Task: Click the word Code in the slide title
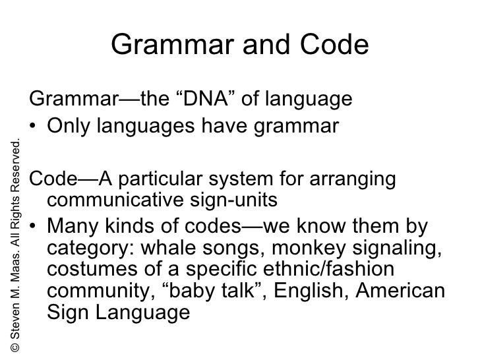tap(334, 45)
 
